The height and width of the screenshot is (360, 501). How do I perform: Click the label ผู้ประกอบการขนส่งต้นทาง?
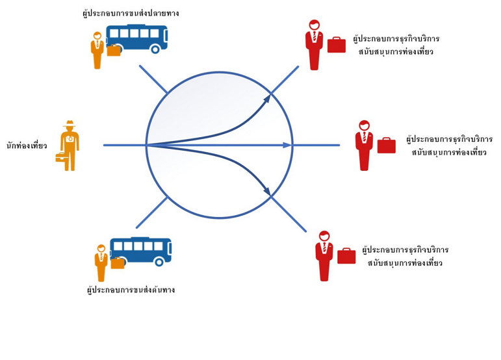tap(131, 290)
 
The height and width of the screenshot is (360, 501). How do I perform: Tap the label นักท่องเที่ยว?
tap(27, 146)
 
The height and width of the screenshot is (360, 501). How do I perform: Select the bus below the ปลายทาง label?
tap(137, 39)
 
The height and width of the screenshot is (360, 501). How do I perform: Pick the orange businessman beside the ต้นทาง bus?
tap(101, 262)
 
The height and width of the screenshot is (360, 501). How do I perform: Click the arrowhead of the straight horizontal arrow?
tap(287, 145)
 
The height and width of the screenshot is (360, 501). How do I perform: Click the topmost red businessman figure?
tap(314, 44)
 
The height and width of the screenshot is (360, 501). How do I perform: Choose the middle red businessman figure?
tap(364, 145)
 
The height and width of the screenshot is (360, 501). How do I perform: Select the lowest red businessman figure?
tap(324, 255)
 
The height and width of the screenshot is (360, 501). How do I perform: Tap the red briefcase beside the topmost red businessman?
tap(337, 45)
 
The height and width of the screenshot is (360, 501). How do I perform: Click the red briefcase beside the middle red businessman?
tap(387, 146)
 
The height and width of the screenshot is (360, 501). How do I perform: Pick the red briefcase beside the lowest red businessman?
tap(346, 256)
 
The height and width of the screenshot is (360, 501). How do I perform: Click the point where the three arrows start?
tap(148, 145)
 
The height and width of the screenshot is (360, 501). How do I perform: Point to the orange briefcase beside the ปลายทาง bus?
tap(114, 50)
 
